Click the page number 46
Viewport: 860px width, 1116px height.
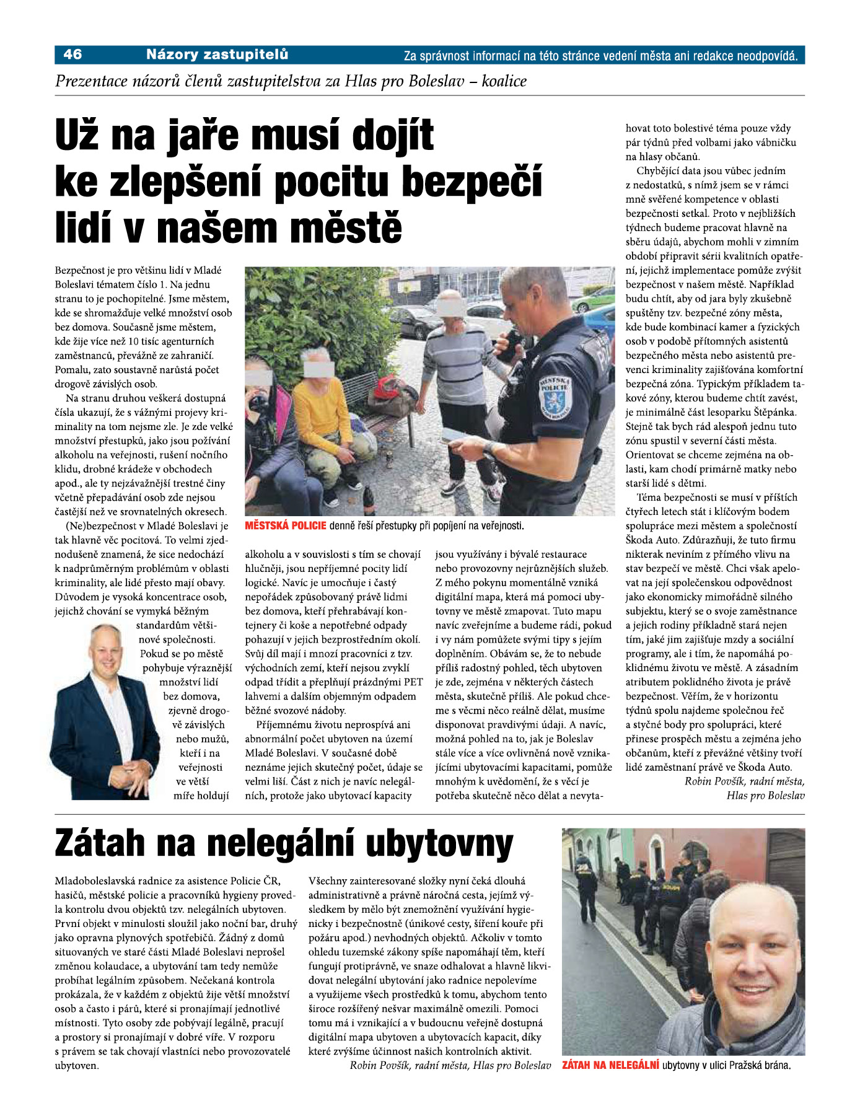72,55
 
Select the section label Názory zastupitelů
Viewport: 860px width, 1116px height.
217,55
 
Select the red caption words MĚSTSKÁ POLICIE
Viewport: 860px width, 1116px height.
286,526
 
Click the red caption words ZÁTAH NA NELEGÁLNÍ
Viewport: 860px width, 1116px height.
610,1066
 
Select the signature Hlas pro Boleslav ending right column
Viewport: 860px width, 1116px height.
765,796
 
